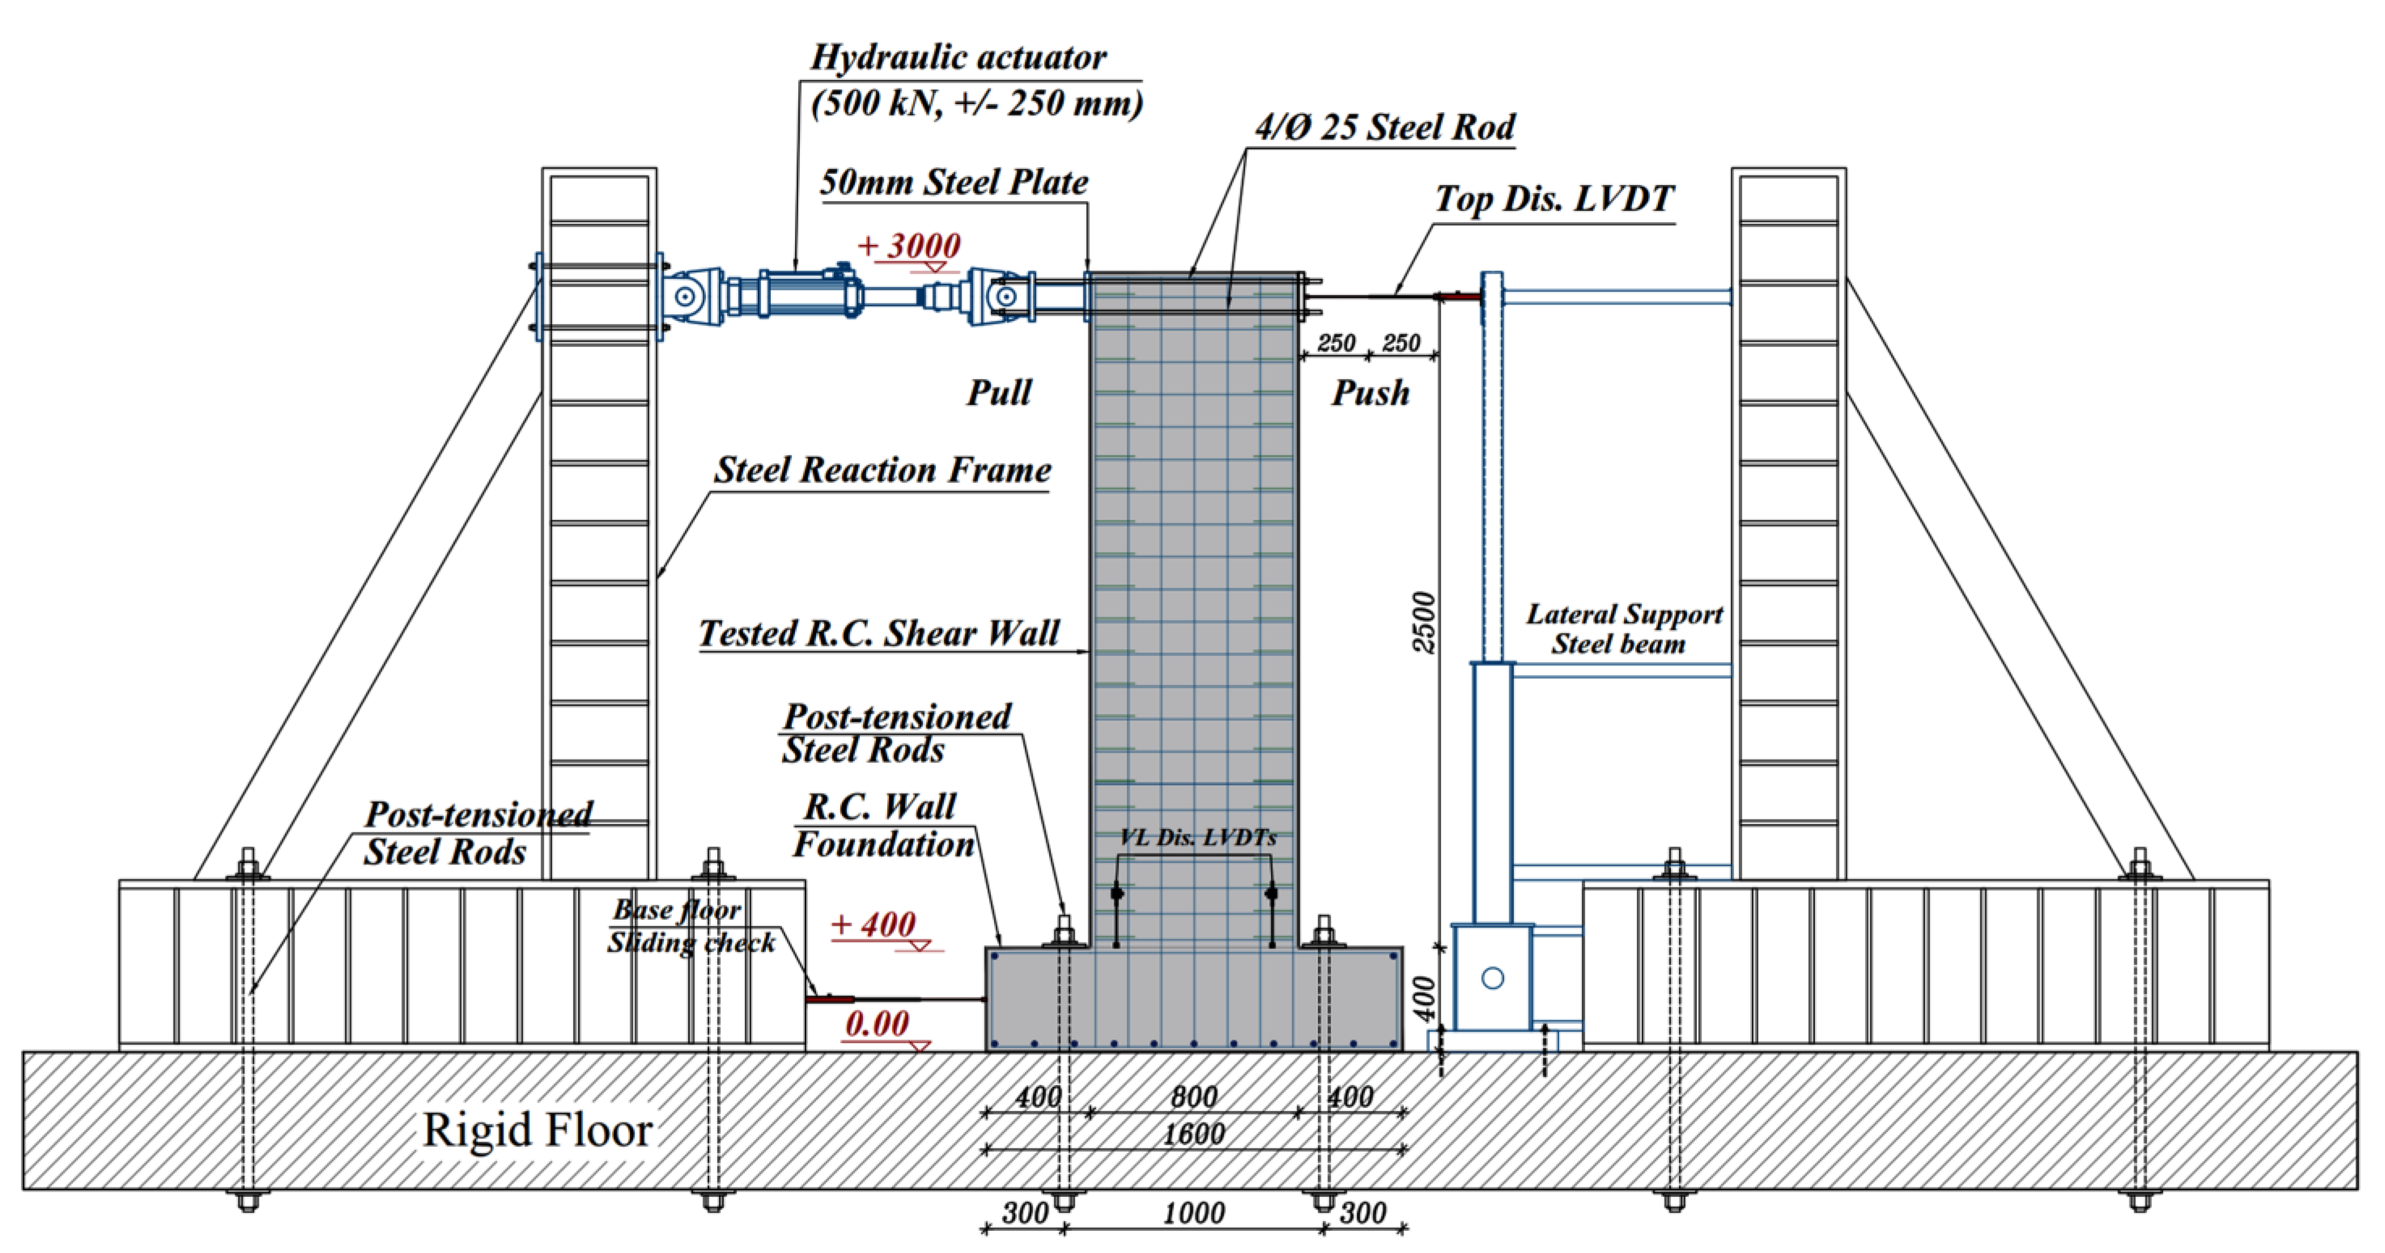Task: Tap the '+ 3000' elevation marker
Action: (x=909, y=246)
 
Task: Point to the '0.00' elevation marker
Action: (x=877, y=1023)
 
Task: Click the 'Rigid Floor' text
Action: (x=537, y=1130)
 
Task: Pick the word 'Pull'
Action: (x=999, y=393)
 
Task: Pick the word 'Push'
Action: (x=1370, y=393)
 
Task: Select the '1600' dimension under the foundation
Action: (x=1194, y=1134)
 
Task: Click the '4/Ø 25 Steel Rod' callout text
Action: (x=1385, y=127)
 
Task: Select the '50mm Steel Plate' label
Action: (x=954, y=182)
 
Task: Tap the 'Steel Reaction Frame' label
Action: (x=882, y=470)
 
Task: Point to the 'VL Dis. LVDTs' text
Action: (x=1197, y=837)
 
